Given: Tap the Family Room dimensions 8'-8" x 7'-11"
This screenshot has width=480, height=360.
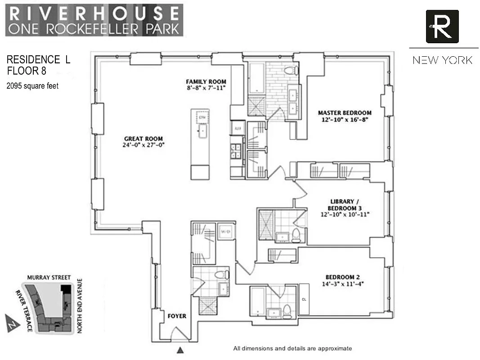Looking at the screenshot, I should click(206, 88).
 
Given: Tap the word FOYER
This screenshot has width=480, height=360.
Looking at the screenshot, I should click(177, 316).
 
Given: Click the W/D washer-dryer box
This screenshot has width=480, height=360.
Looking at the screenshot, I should click(224, 231).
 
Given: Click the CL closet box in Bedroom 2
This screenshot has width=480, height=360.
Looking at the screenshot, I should click(304, 299).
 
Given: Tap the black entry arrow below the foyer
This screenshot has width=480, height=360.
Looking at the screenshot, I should click(181, 350).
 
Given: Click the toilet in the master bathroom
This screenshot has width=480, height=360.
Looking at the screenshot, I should click(291, 70).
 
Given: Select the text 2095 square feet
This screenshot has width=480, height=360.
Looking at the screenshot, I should click(32, 85).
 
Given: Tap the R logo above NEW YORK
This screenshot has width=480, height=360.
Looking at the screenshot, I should click(442, 27).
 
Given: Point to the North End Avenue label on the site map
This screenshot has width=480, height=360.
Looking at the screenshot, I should click(80, 306).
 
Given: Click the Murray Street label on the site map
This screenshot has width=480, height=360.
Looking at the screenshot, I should click(44, 278).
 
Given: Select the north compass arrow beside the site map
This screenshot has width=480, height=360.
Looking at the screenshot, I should click(11, 321).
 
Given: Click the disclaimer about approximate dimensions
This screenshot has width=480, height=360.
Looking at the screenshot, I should click(292, 348).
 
